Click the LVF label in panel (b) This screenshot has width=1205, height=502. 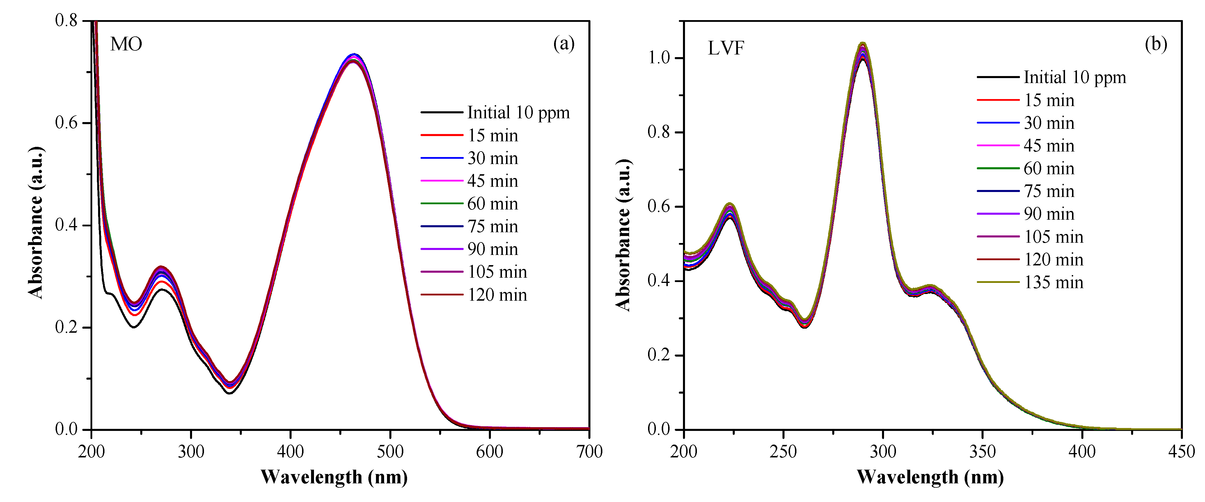[725, 48]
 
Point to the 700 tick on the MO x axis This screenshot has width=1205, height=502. [589, 451]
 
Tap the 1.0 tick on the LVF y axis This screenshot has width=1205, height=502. [658, 58]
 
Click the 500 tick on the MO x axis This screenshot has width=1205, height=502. [390, 451]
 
